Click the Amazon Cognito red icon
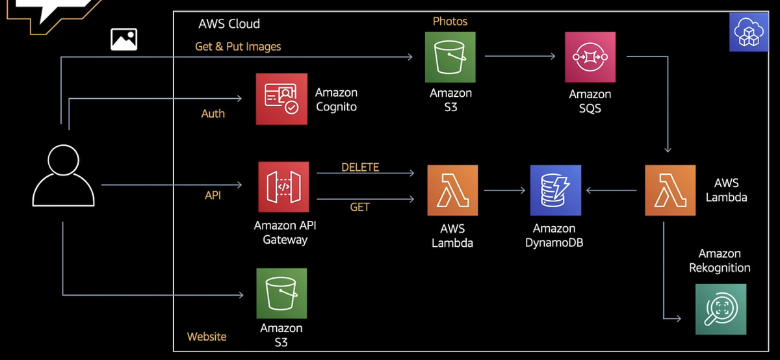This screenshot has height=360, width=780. (281, 99)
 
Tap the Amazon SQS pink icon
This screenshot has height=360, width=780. (590, 57)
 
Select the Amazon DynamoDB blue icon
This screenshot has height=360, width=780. (555, 190)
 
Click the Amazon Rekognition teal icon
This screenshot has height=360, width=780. (720, 309)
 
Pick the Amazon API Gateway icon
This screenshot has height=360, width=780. (283, 187)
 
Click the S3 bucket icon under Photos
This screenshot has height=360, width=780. (450, 57)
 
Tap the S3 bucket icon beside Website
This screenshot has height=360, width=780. (281, 293)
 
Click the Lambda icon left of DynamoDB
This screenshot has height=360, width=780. (452, 190)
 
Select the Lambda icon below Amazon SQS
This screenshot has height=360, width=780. (669, 190)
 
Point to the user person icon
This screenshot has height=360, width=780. (63, 175)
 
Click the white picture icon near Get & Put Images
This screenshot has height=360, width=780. (123, 40)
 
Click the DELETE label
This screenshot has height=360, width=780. (360, 167)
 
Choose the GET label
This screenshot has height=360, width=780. (359, 207)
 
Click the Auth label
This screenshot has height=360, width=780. (213, 114)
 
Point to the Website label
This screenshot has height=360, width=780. (207, 337)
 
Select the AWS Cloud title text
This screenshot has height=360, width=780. (229, 24)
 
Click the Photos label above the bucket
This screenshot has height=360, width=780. (450, 21)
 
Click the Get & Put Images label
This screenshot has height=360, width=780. (238, 47)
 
